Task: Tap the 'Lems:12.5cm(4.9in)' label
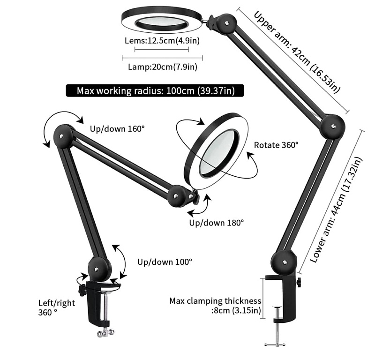click(x=162, y=40)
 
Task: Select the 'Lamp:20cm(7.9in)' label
click(x=162, y=67)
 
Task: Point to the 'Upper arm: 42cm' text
click(x=296, y=52)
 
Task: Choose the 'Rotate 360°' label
click(x=276, y=145)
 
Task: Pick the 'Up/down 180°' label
click(x=216, y=223)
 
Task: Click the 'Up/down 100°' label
click(x=165, y=262)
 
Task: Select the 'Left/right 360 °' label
click(x=56, y=307)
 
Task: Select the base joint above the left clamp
click(x=98, y=269)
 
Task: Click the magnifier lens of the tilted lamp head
click(x=218, y=151)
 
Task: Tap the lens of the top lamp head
click(x=162, y=22)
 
